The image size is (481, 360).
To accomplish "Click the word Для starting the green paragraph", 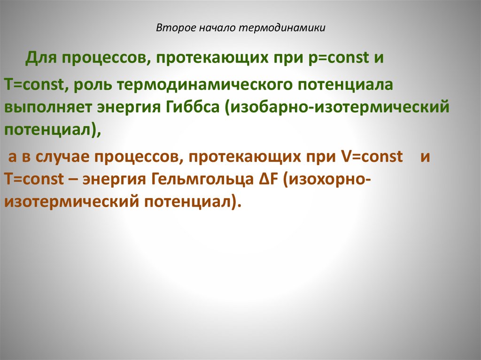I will tap(41, 59).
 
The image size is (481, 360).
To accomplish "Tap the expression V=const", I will tap(370, 157).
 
